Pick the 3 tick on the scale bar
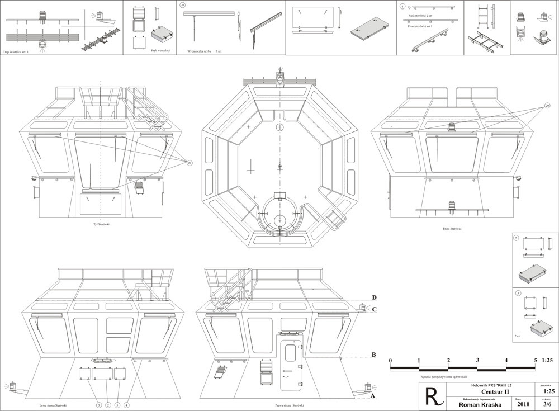pos(477,361)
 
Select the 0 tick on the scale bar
pos(390,361)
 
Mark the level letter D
pos(373,297)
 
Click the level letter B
pos(373,355)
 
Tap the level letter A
pos(373,395)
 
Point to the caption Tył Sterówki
pos(103,225)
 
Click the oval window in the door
pos(290,353)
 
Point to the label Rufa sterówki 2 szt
pos(420,16)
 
